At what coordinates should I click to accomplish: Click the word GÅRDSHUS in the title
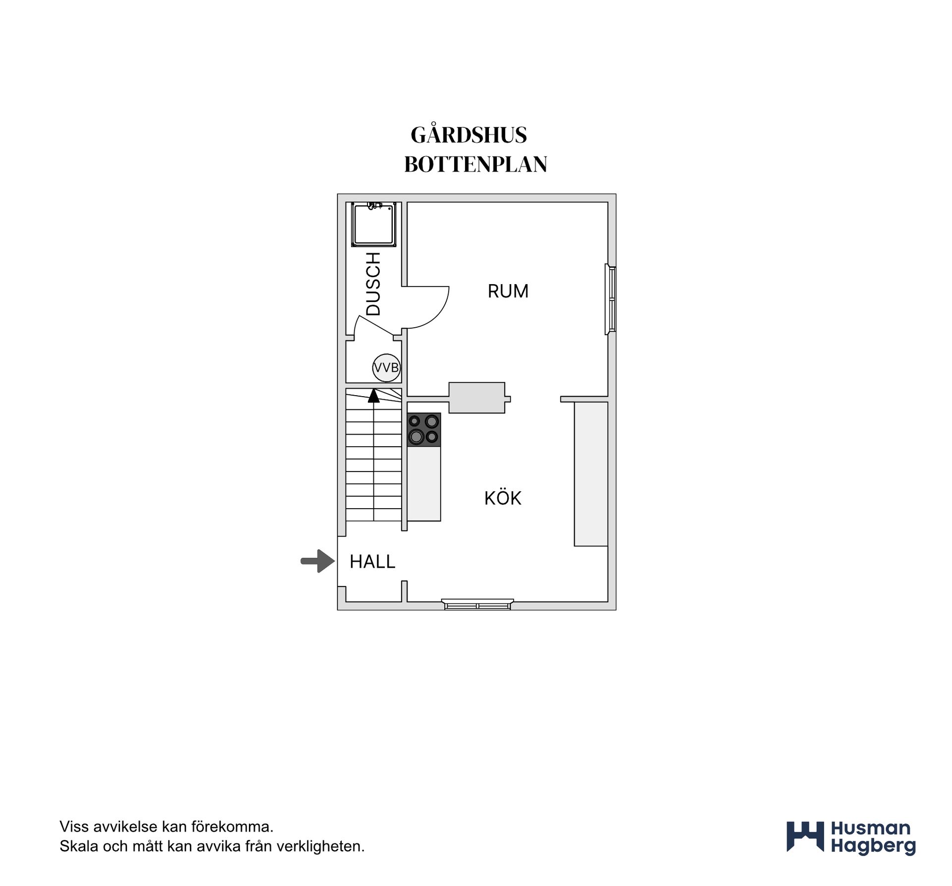[x=469, y=134]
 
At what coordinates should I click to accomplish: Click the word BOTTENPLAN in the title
[x=476, y=165]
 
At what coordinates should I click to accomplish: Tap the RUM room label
[x=508, y=291]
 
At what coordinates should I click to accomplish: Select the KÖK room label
[x=503, y=497]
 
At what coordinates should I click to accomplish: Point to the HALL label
[x=372, y=562]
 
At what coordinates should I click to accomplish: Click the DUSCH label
[x=373, y=284]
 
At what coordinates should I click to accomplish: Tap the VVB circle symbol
[x=386, y=368]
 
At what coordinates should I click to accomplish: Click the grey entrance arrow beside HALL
[x=318, y=561]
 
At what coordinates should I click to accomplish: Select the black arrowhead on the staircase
[x=373, y=396]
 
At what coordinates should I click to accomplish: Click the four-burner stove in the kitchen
[x=424, y=429]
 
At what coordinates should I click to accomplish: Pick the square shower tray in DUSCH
[x=374, y=224]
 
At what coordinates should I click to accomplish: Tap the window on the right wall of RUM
[x=611, y=299]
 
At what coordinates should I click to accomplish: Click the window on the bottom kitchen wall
[x=477, y=604]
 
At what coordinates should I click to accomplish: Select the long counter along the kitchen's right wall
[x=591, y=474]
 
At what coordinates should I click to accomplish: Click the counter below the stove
[x=424, y=483]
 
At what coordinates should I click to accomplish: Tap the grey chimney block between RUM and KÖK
[x=477, y=398]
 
